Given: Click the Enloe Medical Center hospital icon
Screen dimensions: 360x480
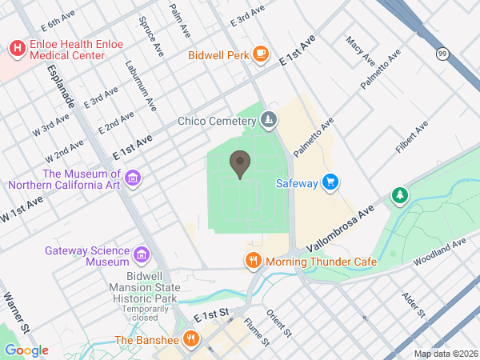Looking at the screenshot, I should (16, 49).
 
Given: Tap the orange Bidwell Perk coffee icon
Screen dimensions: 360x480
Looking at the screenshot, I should (260, 54).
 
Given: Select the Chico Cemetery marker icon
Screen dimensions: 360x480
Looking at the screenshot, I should (269, 122).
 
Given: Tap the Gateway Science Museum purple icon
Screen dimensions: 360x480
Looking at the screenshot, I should (142, 255).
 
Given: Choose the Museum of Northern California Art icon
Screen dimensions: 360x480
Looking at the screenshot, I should (133, 178).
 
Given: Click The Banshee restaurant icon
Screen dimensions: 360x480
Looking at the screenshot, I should (190, 339).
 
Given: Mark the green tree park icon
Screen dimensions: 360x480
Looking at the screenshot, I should (399, 194).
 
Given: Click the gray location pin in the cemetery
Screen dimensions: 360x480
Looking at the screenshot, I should (238, 164).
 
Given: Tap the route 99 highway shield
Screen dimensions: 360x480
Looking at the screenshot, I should (442, 54).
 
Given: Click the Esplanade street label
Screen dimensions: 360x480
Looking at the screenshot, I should (61, 88).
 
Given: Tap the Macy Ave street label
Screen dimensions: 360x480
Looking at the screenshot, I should (360, 50).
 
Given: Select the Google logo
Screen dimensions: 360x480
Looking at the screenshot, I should (26, 350).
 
